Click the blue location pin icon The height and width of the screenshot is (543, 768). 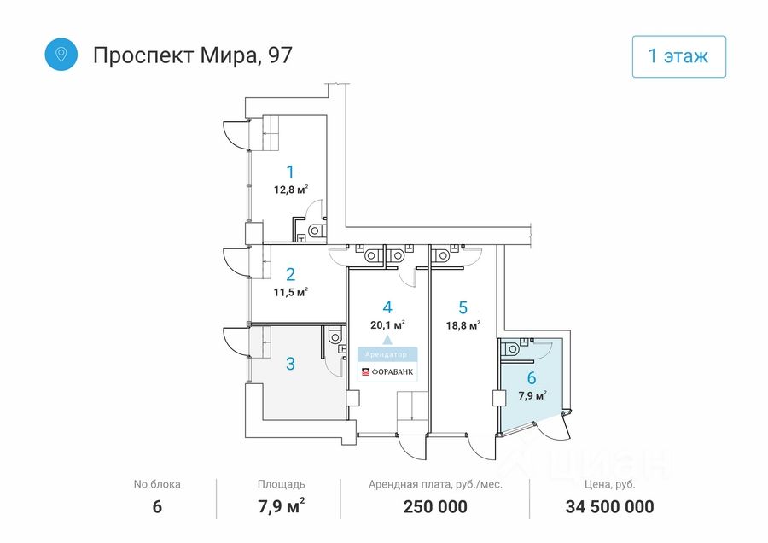61,55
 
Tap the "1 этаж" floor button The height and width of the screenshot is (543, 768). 678,57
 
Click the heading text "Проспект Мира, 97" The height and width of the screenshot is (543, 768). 192,55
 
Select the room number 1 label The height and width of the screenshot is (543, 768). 290,171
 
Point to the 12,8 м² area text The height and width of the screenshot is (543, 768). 290,190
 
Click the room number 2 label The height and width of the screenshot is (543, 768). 290,274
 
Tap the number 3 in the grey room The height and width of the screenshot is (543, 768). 290,364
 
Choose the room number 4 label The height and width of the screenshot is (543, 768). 387,307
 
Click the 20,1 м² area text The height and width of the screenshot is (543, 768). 387,324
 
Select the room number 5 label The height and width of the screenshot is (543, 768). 463,307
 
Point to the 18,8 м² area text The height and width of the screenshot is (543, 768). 463,324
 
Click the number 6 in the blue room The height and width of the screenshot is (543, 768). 532,378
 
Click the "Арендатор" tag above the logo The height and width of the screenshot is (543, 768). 387,353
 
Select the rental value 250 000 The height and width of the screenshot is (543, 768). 435,507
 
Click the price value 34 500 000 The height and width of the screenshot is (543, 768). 609,507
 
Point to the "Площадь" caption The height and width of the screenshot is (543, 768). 281,484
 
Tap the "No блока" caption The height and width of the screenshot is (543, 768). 157,484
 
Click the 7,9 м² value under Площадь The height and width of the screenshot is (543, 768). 281,507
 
